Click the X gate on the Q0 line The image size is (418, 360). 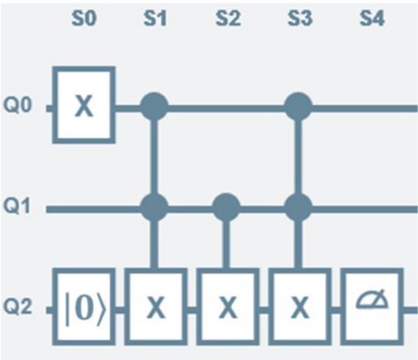[x=83, y=105]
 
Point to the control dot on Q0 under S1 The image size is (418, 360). [x=155, y=105]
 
